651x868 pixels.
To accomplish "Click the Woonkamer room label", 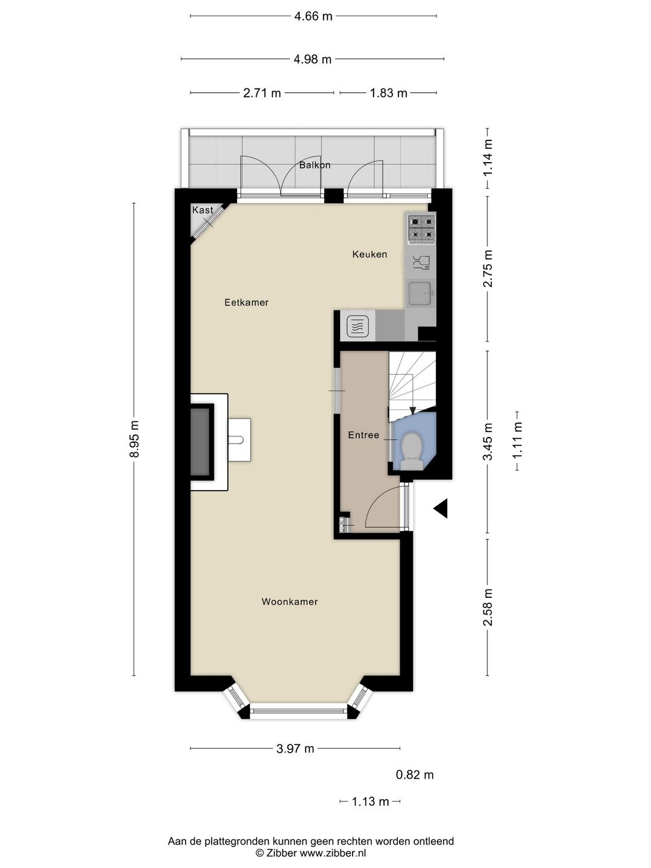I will coord(289,602).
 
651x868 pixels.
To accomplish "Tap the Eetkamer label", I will coord(246,303).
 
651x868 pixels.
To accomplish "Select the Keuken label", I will coord(370,254).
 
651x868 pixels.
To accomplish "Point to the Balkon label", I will coord(315,165).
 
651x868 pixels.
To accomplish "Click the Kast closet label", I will coord(203,210).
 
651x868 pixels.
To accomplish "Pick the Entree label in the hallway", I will coord(363,435).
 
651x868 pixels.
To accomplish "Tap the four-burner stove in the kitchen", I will coord(421,228).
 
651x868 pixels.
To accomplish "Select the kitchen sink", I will coord(420,294).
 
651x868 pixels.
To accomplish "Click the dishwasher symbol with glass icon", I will coord(420,262).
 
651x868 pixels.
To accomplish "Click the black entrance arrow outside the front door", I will coord(441,509).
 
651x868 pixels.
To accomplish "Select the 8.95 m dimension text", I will coord(134,439).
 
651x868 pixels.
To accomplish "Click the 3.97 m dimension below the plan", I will coord(295,749).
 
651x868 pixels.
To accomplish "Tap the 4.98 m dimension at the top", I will coord(312,59).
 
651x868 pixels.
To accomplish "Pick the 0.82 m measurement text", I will coord(415,775).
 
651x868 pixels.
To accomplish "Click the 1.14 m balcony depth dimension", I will coord(488,157).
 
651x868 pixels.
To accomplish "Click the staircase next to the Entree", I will coord(411,382).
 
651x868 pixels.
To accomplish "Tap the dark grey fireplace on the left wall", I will coord(202,441).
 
